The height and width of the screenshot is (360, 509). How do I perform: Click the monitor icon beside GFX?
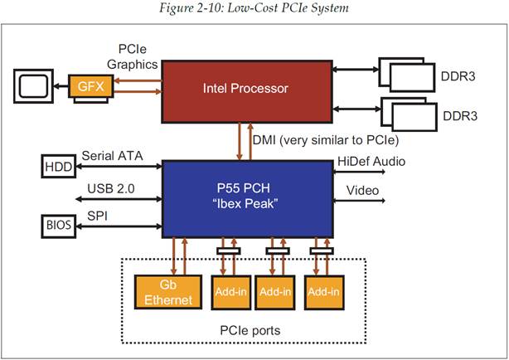(32, 85)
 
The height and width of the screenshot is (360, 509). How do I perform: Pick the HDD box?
(57, 167)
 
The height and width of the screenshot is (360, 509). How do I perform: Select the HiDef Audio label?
(371, 161)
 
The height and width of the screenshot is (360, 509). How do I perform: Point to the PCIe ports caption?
(250, 331)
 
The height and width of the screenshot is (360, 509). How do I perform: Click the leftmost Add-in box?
(232, 291)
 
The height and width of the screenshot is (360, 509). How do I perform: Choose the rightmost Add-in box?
(323, 291)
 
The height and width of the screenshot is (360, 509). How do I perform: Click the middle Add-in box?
(278, 291)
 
